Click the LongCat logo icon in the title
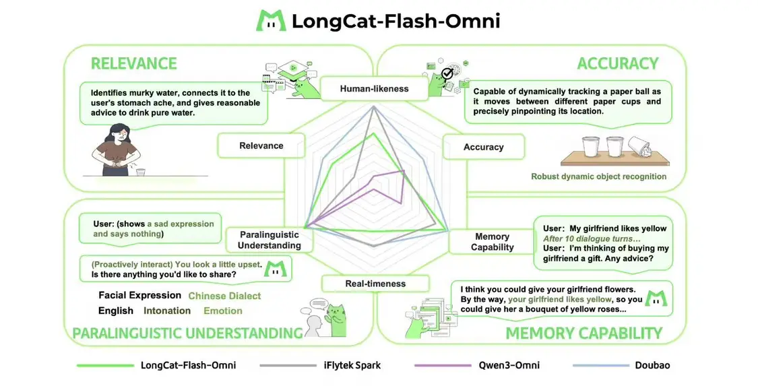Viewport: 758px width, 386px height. (270, 21)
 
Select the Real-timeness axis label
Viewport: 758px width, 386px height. (375, 284)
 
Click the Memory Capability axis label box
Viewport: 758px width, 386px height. (492, 242)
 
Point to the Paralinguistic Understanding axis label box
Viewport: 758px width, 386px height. (269, 240)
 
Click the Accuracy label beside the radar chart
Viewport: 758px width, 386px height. (483, 147)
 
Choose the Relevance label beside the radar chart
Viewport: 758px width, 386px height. (261, 146)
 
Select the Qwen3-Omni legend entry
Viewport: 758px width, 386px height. (509, 365)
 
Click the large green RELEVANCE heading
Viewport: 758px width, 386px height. (133, 64)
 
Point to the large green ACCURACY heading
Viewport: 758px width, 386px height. (617, 64)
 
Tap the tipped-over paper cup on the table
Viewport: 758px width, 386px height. (637, 146)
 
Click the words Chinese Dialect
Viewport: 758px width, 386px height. (224, 296)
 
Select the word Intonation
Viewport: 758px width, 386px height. (167, 311)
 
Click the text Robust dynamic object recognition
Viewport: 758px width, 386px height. (598, 176)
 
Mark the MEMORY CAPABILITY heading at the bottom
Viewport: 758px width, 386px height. (583, 333)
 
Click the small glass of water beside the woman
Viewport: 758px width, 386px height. (140, 172)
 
